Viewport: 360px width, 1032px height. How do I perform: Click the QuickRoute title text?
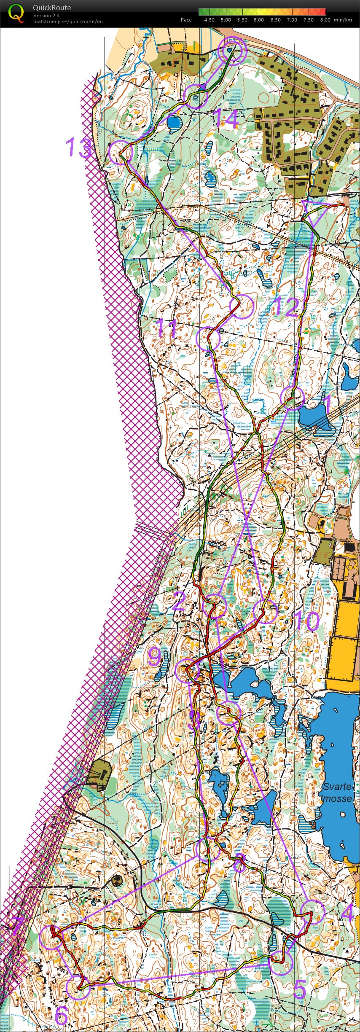click(x=51, y=8)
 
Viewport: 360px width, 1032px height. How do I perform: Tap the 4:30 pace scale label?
click(x=209, y=20)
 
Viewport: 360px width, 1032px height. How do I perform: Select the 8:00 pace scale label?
click(x=325, y=20)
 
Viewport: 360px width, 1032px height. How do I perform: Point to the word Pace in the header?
click(x=186, y=20)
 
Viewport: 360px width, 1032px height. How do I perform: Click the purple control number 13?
click(x=79, y=148)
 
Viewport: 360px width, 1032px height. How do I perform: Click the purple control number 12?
click(x=287, y=306)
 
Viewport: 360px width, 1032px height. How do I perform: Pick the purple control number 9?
click(x=154, y=656)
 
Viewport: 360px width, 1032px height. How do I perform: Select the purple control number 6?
click(x=62, y=1016)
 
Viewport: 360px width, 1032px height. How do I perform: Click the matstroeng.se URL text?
click(x=68, y=21)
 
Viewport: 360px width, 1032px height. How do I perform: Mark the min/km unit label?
click(x=342, y=20)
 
